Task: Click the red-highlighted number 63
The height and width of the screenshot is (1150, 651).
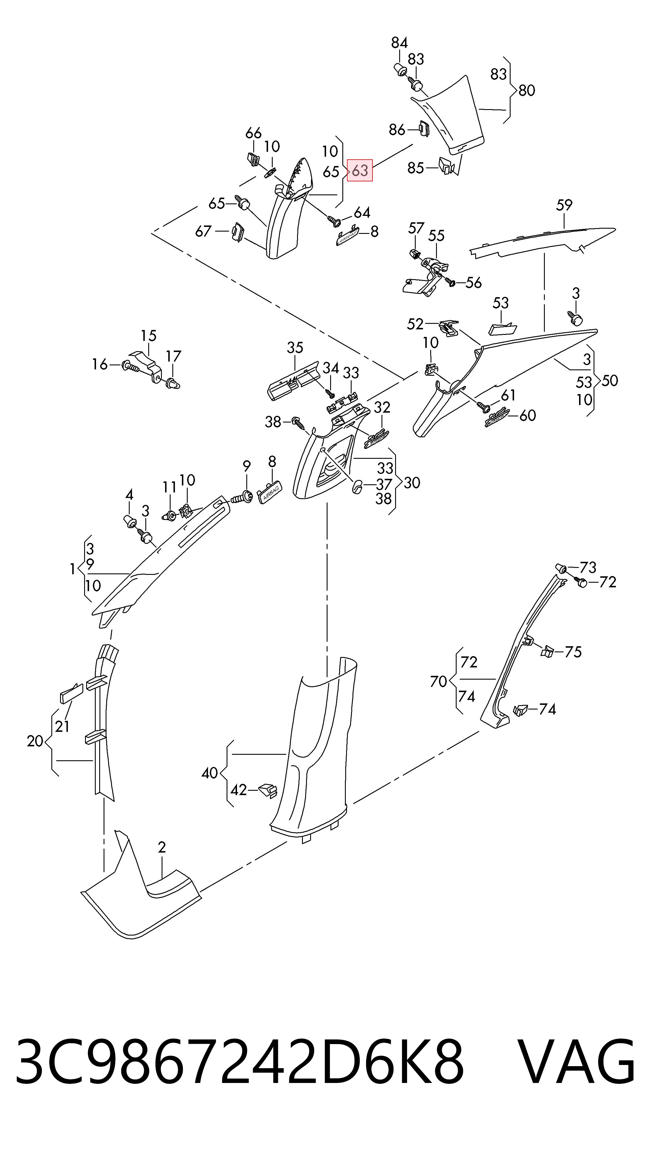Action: [360, 170]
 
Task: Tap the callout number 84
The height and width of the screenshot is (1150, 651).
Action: [399, 43]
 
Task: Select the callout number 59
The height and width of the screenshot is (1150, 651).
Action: [564, 205]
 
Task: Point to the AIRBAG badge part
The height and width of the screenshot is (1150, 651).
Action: [270, 493]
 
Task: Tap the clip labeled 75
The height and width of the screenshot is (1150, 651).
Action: [547, 651]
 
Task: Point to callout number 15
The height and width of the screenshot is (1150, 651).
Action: [149, 335]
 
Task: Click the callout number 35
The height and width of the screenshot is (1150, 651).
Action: [295, 347]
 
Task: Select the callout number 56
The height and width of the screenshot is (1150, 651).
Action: [473, 283]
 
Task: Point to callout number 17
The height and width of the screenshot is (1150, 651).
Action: [173, 356]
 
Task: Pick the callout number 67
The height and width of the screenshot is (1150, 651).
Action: [203, 231]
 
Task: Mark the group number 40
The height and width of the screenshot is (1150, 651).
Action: [210, 773]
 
